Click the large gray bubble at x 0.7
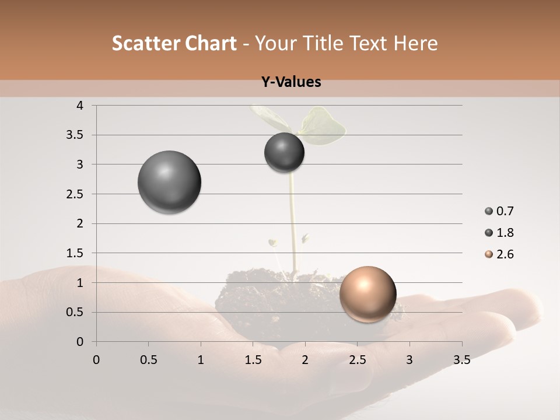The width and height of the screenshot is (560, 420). (170, 182)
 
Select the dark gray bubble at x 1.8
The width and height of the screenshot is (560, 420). (284, 152)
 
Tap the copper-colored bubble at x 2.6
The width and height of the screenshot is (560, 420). (367, 294)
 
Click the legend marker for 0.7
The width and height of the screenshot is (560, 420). (489, 211)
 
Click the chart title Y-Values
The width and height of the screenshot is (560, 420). (291, 82)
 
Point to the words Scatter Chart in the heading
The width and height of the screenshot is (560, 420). (174, 43)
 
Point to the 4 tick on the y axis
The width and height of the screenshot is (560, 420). (80, 106)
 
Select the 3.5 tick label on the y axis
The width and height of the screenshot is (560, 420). (76, 135)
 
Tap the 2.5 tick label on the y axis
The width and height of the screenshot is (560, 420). (76, 194)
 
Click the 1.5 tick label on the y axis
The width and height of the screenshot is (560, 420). (76, 253)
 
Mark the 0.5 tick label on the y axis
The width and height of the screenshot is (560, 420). (76, 312)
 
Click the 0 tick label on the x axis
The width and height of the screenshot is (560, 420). (96, 360)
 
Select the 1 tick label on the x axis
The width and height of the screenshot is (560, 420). (201, 360)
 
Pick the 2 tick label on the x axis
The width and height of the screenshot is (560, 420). (305, 360)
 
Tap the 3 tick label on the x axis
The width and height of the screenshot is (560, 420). (409, 360)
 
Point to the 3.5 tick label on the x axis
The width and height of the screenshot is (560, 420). (461, 360)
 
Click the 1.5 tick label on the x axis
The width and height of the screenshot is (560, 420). (253, 360)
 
